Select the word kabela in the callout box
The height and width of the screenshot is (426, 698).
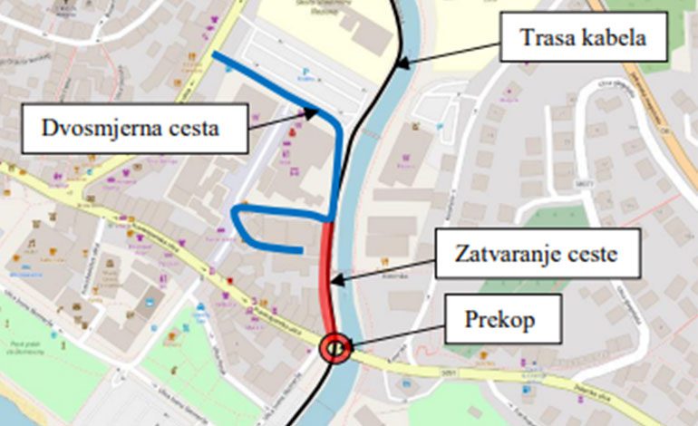point(617,40)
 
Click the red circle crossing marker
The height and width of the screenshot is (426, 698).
point(335,345)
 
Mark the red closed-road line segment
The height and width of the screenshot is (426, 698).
point(329,272)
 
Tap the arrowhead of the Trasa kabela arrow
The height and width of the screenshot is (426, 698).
point(400,64)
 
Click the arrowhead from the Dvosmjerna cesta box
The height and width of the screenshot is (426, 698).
point(314,112)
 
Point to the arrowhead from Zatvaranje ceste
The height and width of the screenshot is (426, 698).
point(337,282)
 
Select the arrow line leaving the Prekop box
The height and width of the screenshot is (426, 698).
point(399,334)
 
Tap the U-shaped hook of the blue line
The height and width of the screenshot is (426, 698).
point(238,218)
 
